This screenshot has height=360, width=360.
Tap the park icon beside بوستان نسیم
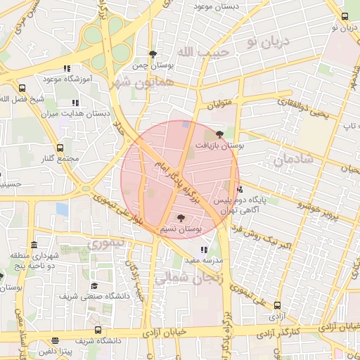pyautogui.click(x=181, y=218)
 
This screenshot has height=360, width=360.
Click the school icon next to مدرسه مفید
pyautogui.click(x=204, y=250)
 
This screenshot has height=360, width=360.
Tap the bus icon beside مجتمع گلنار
pyautogui.click(x=60, y=148)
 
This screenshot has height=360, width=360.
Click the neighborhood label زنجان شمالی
pyautogui.click(x=189, y=278)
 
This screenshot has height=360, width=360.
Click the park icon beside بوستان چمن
pyautogui.click(x=153, y=54)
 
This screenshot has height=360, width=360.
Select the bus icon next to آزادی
pyautogui.click(x=277, y=306)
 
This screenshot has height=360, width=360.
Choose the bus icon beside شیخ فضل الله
pyautogui.click(x=23, y=89)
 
